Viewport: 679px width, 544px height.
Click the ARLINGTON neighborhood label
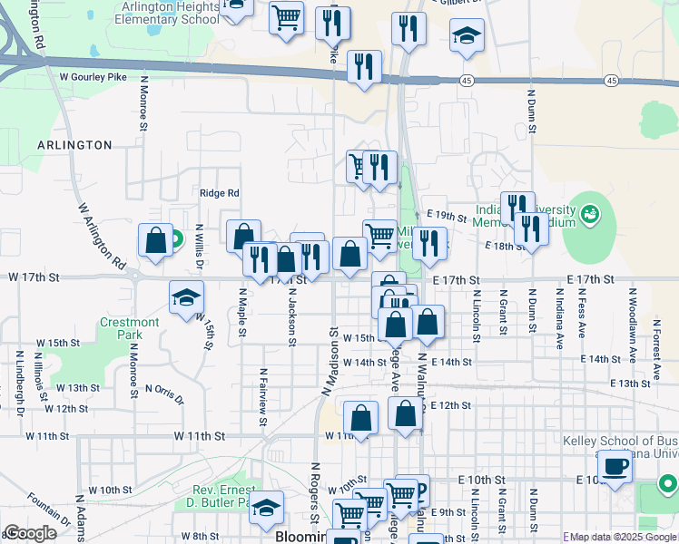point(75,145)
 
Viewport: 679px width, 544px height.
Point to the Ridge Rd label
point(219,193)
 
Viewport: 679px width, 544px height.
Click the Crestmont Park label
point(130,328)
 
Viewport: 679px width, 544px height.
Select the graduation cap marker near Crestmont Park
point(186,297)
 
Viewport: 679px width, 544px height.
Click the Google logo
point(30,533)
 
